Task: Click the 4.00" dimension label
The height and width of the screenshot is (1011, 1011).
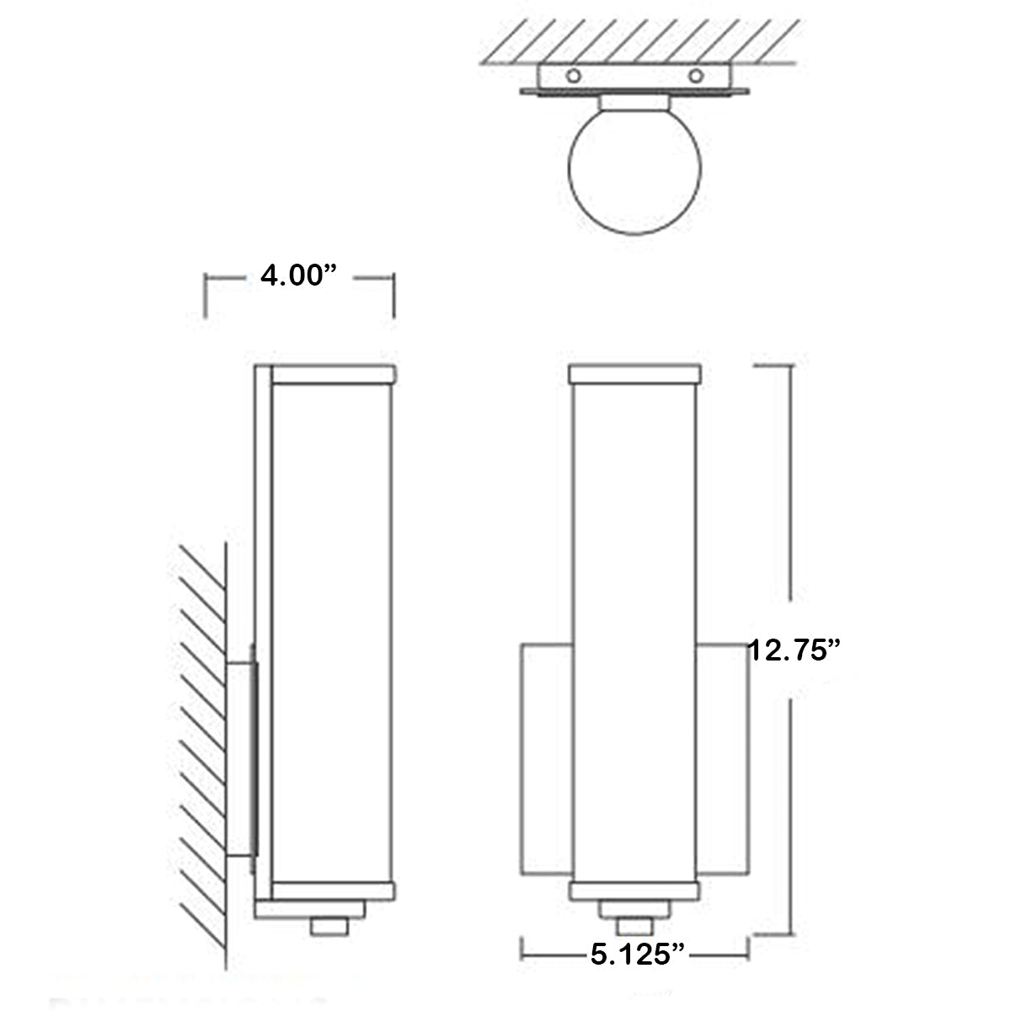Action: [x=298, y=275]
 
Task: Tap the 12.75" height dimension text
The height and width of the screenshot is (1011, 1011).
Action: [x=794, y=650]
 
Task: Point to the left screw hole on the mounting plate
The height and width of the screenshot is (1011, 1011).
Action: [x=574, y=76]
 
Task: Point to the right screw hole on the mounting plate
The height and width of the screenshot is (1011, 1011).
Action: [x=696, y=76]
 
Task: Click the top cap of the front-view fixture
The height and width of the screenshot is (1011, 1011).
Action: [x=635, y=373]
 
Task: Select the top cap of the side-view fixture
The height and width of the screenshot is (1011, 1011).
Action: [x=333, y=373]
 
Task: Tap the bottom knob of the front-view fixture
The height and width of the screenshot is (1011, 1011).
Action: [x=635, y=926]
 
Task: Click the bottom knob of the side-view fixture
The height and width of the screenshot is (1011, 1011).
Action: [x=329, y=926]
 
